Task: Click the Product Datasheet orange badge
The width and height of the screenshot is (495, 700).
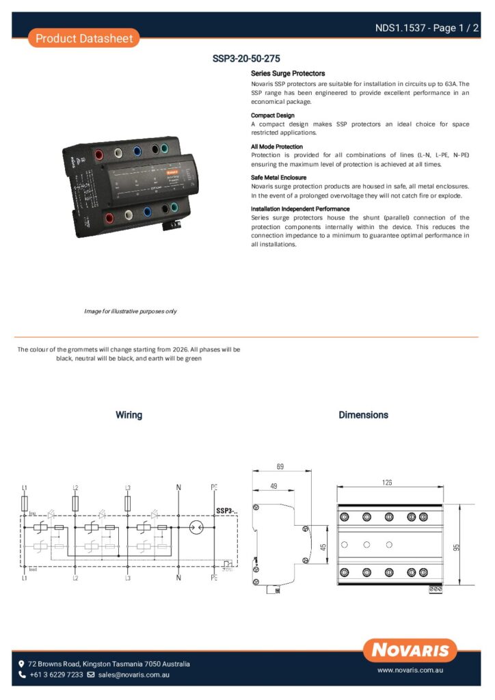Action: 83,38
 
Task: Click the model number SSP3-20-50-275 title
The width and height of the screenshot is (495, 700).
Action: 247,59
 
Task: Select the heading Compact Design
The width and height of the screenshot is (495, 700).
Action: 272,116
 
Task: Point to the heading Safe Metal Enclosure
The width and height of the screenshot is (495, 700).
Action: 278,178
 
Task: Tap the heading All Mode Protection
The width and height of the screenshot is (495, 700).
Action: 276,147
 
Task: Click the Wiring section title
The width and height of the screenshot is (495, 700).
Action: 129,415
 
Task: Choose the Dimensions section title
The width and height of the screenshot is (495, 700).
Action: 363,415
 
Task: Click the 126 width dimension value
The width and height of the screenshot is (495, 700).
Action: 387,483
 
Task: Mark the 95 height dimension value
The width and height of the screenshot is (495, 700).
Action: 456,547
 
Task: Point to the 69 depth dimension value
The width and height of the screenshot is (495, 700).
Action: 280,467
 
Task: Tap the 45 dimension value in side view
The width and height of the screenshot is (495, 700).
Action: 322,547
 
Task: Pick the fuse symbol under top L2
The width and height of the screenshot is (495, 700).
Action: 75,504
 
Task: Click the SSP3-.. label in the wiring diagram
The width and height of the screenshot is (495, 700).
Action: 226,511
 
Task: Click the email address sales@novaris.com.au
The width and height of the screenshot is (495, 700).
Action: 133,675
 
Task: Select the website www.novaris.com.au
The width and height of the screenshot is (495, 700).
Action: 411,671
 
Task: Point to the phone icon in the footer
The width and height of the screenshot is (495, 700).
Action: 22,675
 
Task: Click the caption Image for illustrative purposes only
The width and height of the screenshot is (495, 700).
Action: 130,311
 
